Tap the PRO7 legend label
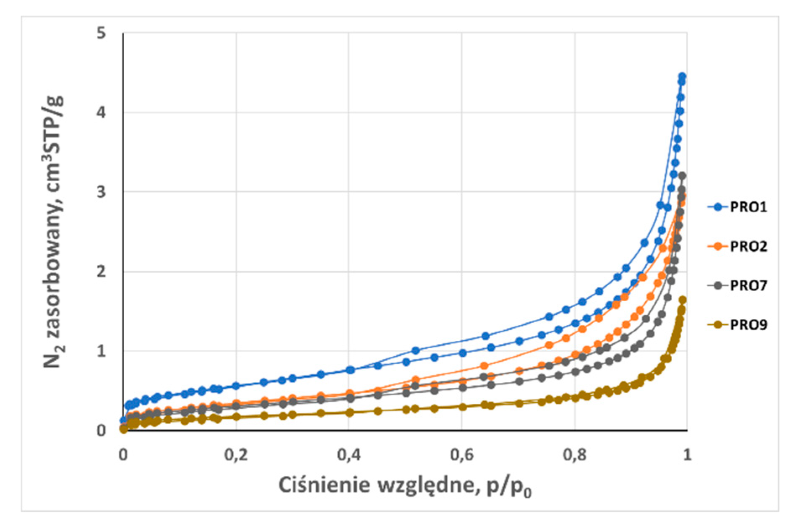tap(748, 285)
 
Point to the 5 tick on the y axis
tap(101, 33)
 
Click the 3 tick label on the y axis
tap(101, 192)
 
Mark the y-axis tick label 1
tap(101, 351)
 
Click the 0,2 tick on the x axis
tap(235, 455)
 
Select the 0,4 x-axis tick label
tap(349, 455)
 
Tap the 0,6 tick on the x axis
tap(461, 455)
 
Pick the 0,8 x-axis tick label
tap(575, 455)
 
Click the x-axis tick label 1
tap(687, 455)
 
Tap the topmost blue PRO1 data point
tap(682, 76)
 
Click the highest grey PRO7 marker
tap(682, 175)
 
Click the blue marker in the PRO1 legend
tap(718, 207)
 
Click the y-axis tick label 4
tap(101, 112)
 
